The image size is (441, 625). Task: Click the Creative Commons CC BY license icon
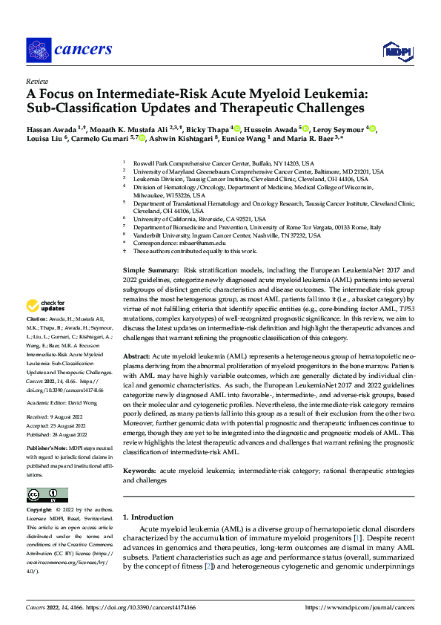47,495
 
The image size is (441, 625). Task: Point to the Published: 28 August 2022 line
59,434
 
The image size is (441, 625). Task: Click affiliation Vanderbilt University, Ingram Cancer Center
226,235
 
